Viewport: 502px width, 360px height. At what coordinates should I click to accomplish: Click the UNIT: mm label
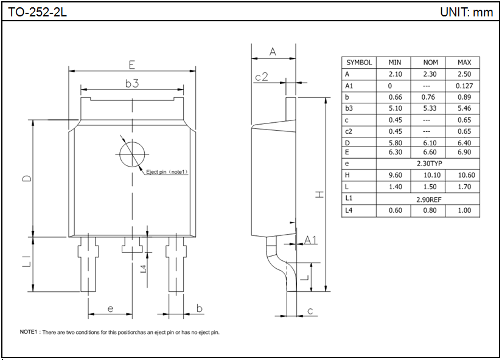466,12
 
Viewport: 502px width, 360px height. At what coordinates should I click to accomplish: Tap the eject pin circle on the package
131,153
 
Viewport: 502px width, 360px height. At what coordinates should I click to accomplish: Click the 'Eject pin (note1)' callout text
167,172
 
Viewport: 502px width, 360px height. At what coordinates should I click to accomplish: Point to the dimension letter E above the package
131,64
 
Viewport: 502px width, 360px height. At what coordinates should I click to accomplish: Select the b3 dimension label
132,84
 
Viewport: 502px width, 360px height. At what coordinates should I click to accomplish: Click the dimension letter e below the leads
110,308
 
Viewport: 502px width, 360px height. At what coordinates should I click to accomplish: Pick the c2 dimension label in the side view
262,77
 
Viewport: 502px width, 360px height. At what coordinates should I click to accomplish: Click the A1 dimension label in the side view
310,240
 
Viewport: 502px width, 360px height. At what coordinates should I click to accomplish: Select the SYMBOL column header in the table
359,63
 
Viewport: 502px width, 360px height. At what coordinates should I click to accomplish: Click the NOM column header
430,63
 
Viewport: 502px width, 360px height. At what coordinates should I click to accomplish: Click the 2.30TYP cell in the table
429,164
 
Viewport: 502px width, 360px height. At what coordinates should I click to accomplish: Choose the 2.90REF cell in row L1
429,199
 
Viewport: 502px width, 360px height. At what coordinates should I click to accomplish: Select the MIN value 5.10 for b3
395,108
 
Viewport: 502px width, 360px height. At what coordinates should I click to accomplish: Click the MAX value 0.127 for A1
464,86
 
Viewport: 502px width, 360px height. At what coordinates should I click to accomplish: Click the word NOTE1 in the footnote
29,333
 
